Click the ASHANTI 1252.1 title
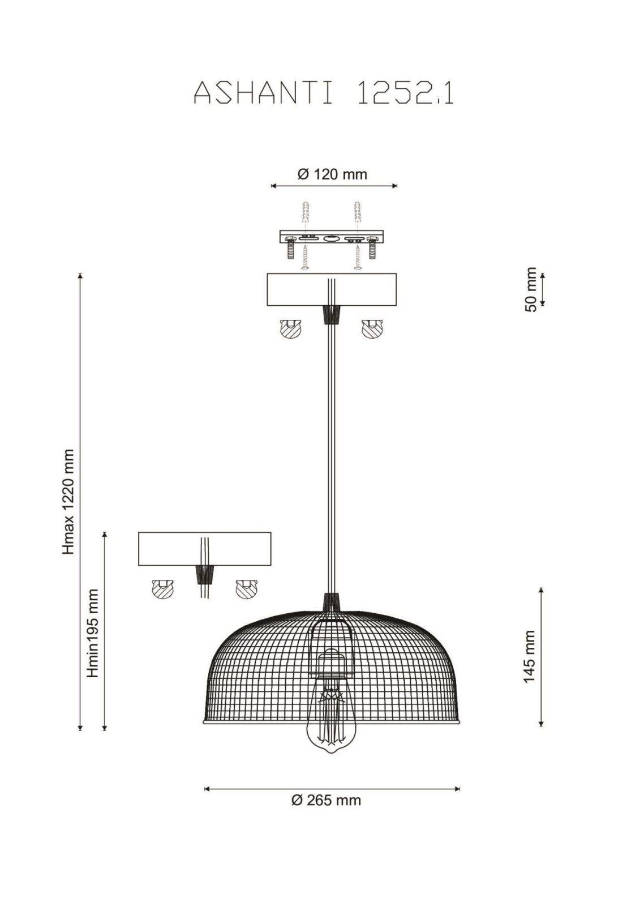[324, 94]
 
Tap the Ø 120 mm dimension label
[332, 174]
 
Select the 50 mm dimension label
[530, 289]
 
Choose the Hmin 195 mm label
[93, 633]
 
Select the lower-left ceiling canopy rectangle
[205, 549]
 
